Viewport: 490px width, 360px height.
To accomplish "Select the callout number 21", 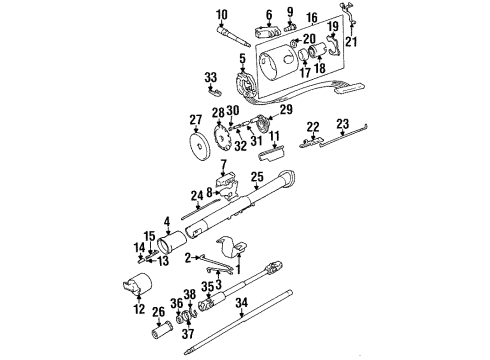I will [350, 42].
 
